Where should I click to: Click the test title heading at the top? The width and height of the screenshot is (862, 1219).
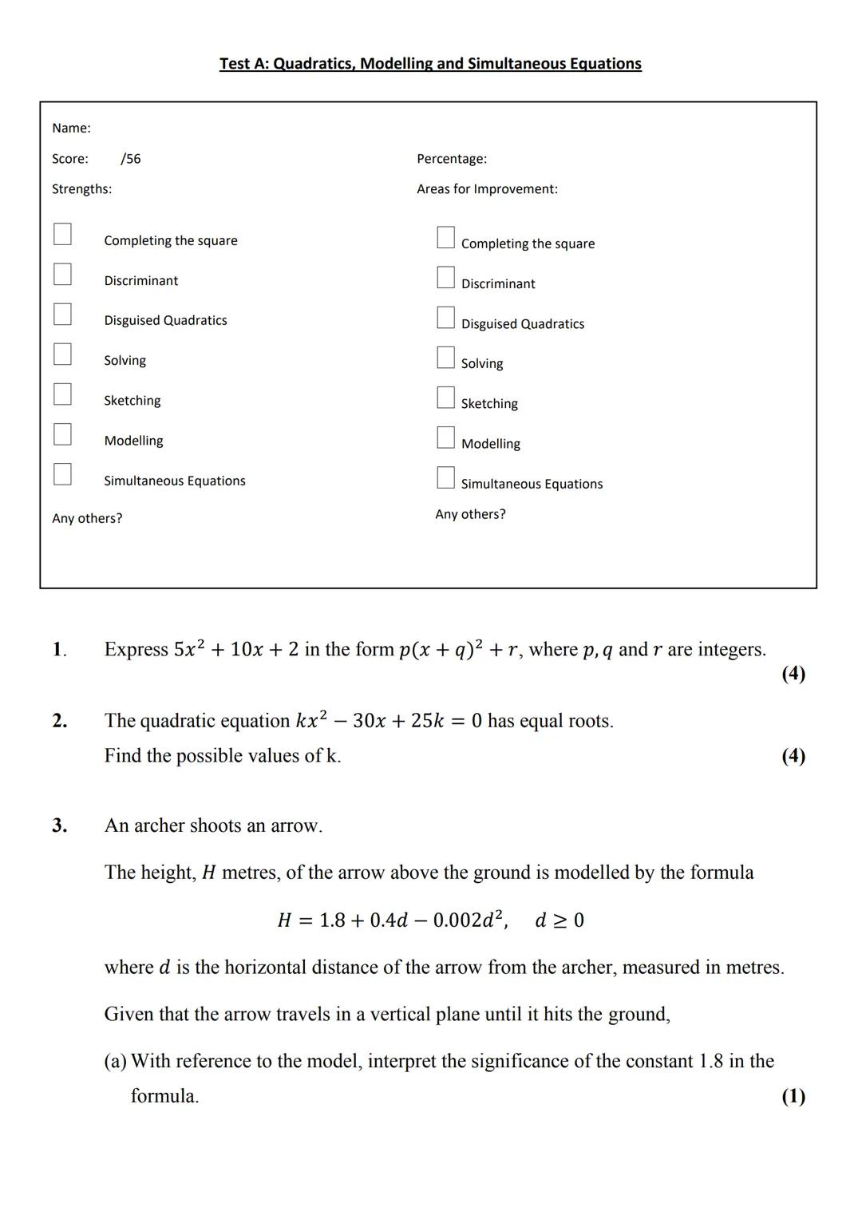click(x=430, y=64)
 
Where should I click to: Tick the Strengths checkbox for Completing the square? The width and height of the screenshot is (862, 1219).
click(x=62, y=234)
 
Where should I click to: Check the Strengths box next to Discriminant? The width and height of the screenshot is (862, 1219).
click(x=62, y=274)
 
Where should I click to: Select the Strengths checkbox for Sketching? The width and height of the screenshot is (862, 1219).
click(x=62, y=394)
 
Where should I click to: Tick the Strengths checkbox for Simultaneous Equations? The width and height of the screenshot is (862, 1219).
click(x=62, y=474)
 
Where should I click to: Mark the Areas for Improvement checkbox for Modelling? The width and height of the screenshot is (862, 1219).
click(x=445, y=437)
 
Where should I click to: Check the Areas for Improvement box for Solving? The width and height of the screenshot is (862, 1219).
click(x=445, y=357)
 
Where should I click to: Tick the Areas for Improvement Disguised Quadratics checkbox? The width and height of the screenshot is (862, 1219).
click(x=445, y=317)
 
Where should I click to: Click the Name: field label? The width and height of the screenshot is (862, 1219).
click(x=71, y=129)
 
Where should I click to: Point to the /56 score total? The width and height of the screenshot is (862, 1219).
click(x=131, y=159)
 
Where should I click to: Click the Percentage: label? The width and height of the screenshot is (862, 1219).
click(x=452, y=159)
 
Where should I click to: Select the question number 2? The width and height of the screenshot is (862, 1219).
click(x=59, y=721)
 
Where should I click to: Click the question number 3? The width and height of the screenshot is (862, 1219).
click(x=59, y=825)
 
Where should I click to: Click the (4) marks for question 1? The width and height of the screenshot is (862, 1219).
click(x=793, y=674)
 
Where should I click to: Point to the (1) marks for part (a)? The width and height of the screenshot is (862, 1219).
click(x=793, y=1096)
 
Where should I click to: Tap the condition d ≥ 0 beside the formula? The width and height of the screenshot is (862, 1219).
click(x=560, y=920)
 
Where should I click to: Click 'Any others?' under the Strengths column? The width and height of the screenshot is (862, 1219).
click(x=87, y=519)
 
